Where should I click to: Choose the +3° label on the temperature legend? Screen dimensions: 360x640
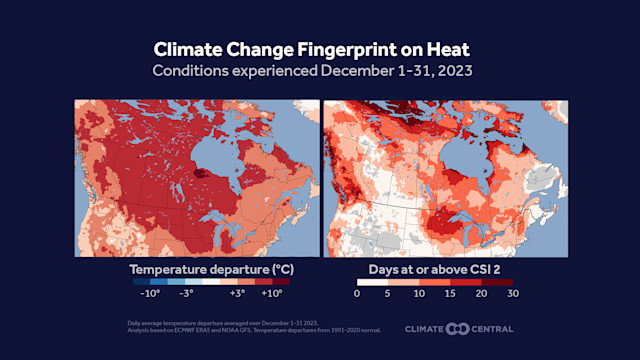(x=237, y=294)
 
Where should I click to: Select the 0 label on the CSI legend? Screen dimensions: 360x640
(x=358, y=294)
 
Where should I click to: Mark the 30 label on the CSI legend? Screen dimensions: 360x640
(x=513, y=294)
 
